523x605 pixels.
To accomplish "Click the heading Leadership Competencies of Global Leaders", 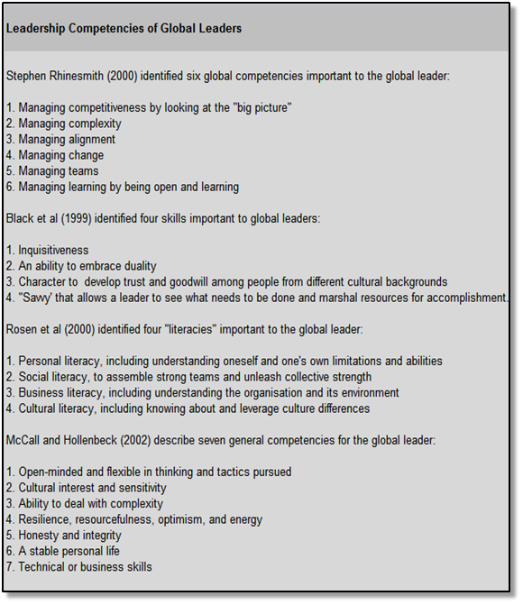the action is [124, 29].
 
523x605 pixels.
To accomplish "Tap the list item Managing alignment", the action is [66, 140].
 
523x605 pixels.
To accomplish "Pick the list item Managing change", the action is [60, 155].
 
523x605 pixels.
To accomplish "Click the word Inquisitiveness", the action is [53, 250].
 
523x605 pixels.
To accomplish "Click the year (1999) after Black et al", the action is [75, 218].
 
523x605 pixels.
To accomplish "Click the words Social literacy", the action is [56, 377].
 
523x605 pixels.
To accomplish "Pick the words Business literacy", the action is [63, 393].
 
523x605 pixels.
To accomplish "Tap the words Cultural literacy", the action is [60, 408].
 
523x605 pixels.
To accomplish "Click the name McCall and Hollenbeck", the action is [69, 440].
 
